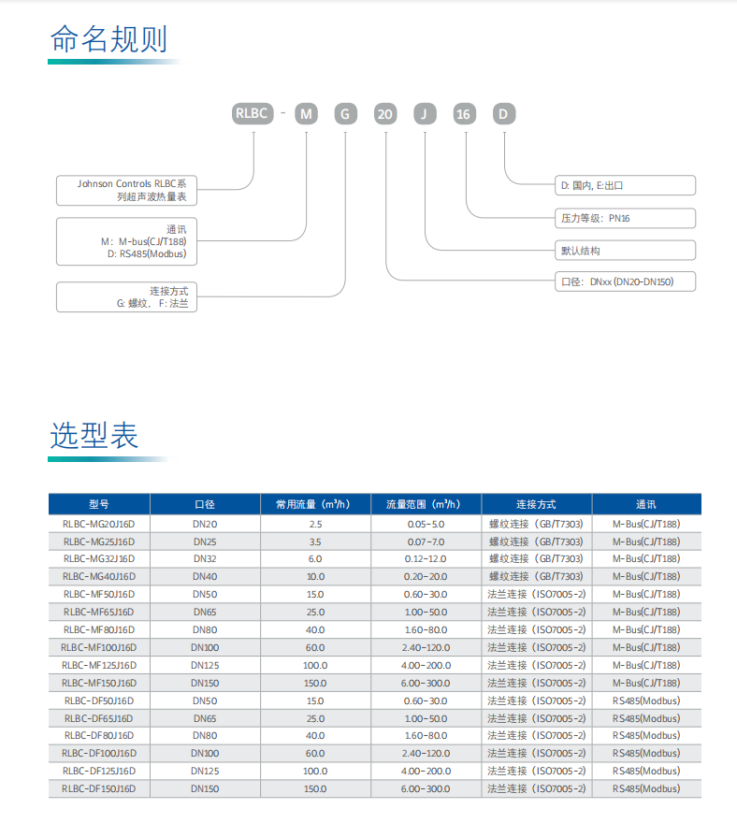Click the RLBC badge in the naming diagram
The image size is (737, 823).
(x=253, y=113)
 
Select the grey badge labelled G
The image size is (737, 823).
(x=345, y=114)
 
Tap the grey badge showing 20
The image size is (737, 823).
(x=384, y=114)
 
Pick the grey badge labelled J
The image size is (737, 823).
(x=425, y=114)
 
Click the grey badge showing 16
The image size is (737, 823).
(x=465, y=114)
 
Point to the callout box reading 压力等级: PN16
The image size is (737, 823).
(x=625, y=218)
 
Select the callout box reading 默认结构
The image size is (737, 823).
(x=625, y=251)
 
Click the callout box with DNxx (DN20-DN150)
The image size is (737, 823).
(x=625, y=282)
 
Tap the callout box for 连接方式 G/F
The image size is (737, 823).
(x=126, y=297)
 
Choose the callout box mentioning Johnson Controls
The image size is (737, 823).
(x=126, y=191)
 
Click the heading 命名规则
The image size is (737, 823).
(x=108, y=39)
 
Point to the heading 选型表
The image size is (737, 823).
(x=94, y=436)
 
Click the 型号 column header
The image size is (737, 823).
(x=99, y=504)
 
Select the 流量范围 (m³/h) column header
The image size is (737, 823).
(x=426, y=504)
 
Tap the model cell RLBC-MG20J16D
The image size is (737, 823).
(x=99, y=524)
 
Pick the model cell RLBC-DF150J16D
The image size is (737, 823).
(x=99, y=788)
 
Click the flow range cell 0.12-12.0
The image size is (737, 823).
(x=426, y=559)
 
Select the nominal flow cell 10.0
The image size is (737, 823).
(x=315, y=576)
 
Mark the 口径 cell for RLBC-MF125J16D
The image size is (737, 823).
(x=205, y=665)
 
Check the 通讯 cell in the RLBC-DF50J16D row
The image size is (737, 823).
(x=646, y=700)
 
